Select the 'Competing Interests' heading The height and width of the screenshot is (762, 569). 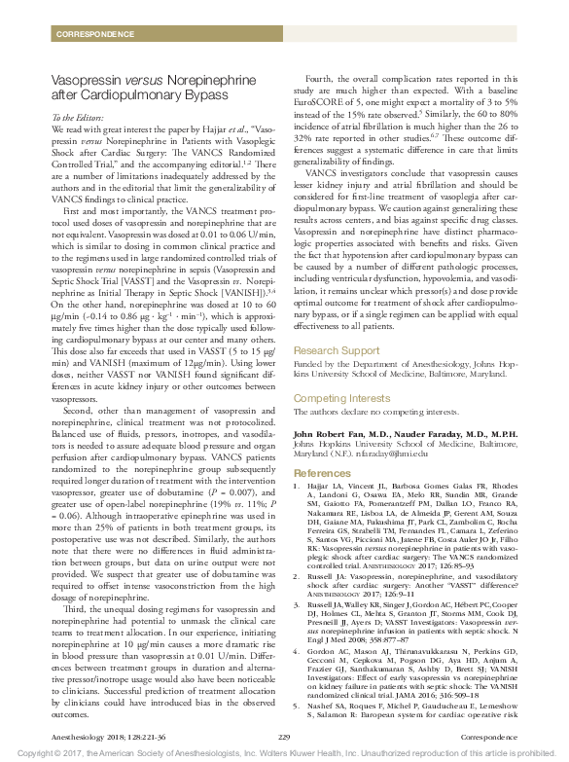click(x=344, y=398)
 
